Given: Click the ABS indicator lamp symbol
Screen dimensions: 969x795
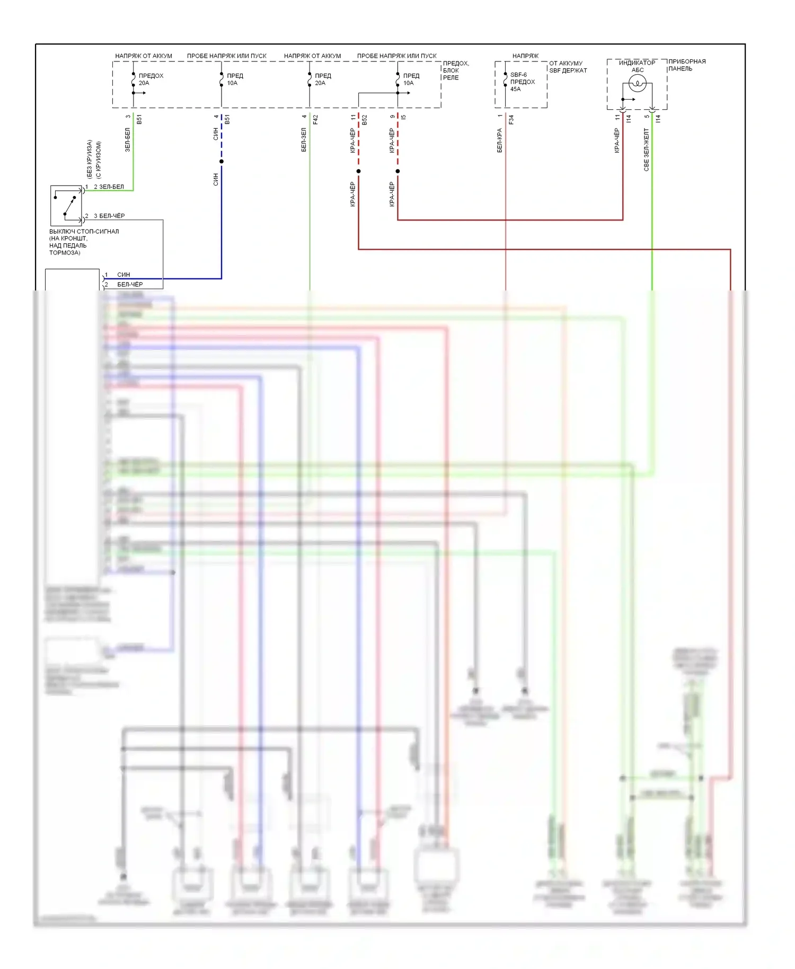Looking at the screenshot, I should (x=637, y=84).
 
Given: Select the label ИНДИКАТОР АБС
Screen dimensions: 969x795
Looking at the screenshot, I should (x=637, y=66).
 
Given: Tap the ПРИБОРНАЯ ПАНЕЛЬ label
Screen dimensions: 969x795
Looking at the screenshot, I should (x=687, y=65).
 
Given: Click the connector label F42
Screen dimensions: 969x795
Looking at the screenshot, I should (x=315, y=119).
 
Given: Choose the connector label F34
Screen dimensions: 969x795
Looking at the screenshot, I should (x=511, y=119).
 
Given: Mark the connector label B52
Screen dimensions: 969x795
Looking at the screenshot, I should (x=365, y=119).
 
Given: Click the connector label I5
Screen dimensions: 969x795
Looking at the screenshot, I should (x=404, y=117).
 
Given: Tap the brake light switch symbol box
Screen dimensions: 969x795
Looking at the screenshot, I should (x=66, y=206).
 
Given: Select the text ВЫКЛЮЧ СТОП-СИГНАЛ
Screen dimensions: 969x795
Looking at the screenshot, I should (x=84, y=232).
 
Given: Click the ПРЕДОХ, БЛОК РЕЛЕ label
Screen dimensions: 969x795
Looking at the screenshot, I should (x=456, y=71).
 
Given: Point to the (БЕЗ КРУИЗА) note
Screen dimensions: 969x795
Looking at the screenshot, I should (x=90, y=158).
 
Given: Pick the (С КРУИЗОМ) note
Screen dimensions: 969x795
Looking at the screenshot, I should (x=99, y=160).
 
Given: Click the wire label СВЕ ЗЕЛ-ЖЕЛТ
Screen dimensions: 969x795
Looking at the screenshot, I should (x=646, y=149).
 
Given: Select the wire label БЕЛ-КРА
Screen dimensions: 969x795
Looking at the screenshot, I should (x=499, y=140).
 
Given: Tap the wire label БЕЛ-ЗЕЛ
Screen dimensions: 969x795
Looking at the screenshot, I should (x=304, y=139).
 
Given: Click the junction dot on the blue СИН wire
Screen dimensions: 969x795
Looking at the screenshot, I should (x=222, y=161).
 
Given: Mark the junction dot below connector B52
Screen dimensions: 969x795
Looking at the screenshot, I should (x=358, y=171).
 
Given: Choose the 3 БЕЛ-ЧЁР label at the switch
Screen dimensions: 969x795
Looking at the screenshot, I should (x=109, y=216).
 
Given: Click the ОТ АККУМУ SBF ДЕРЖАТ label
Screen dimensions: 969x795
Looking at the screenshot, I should (x=568, y=67).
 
